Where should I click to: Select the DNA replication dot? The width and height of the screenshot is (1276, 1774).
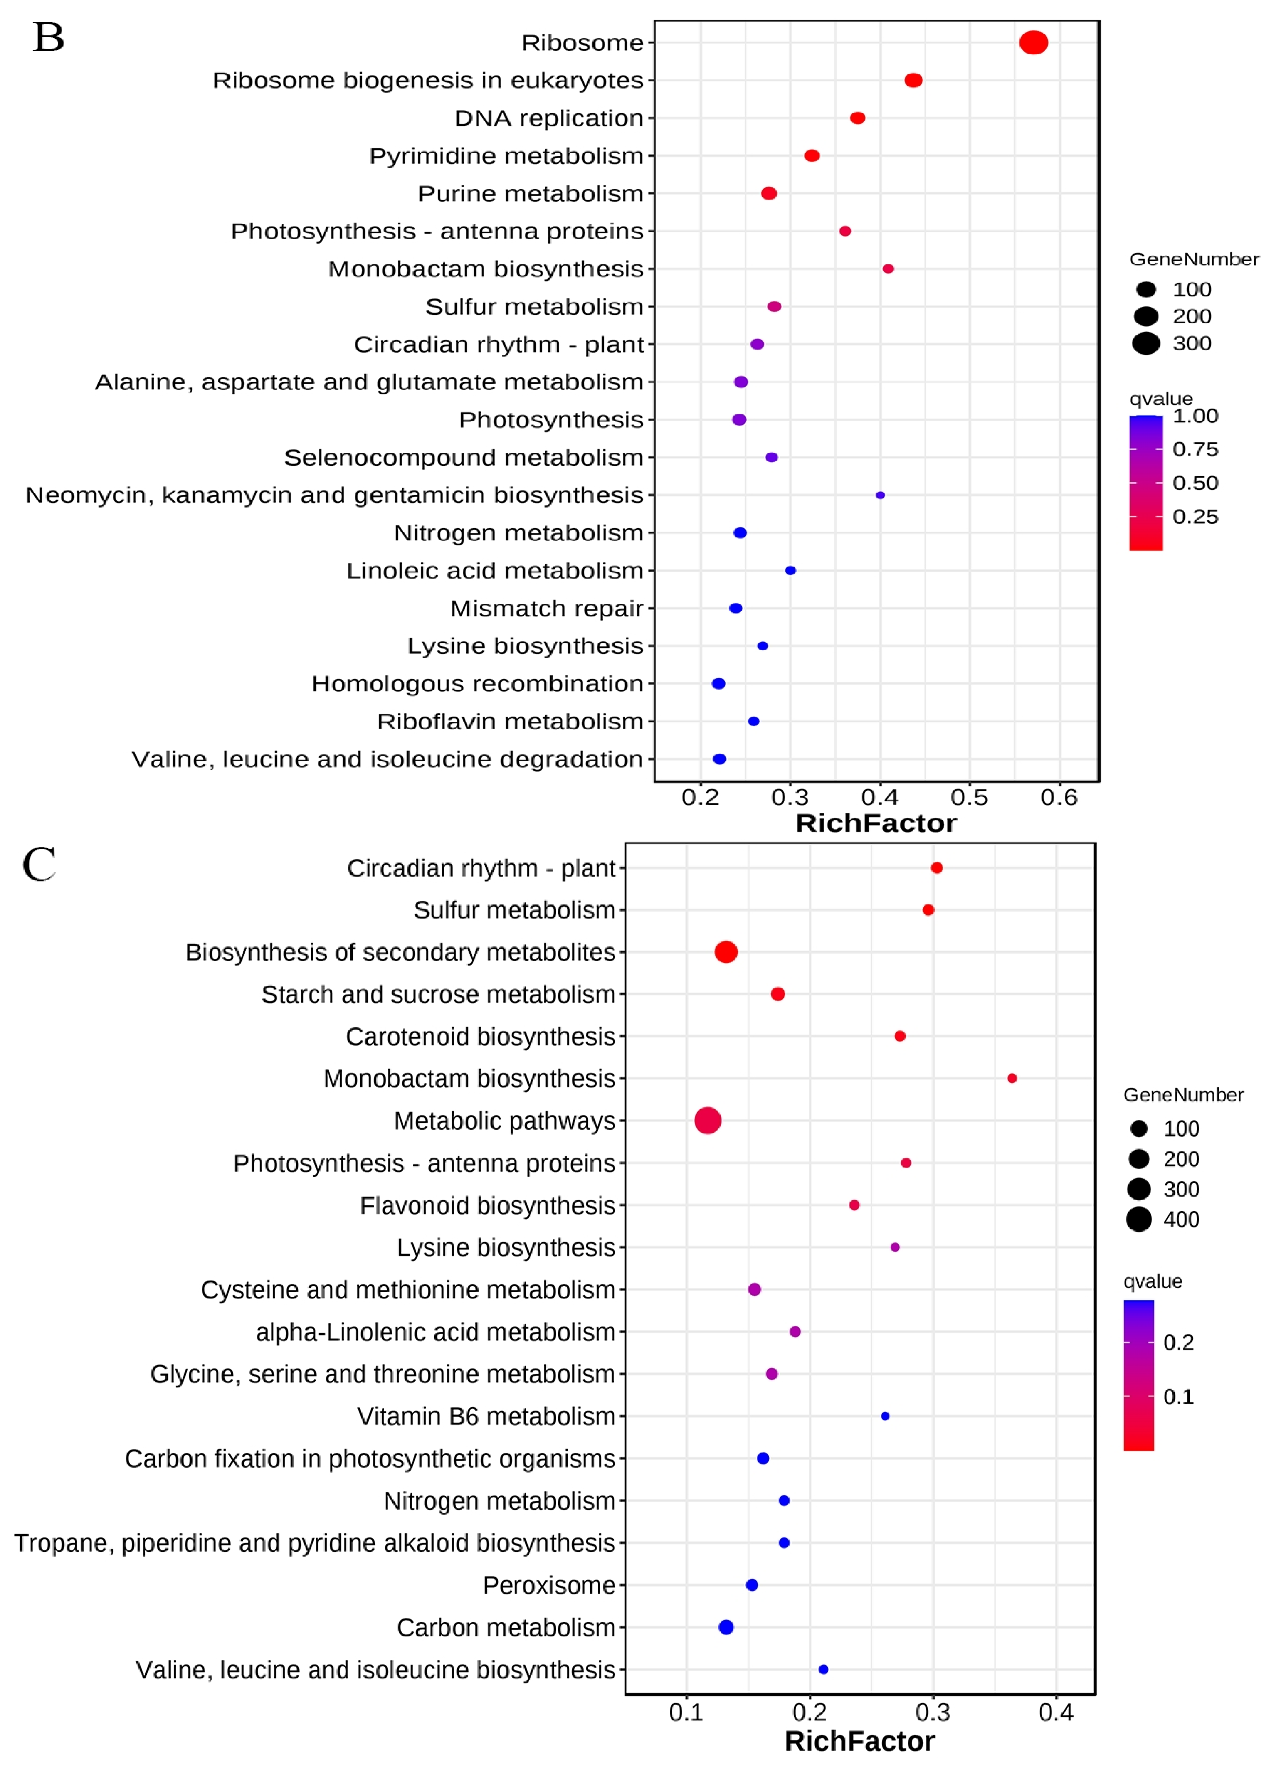pos(857,118)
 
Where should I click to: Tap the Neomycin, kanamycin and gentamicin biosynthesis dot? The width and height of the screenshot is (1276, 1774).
pos(880,495)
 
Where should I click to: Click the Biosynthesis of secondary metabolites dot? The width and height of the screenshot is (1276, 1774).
pos(726,952)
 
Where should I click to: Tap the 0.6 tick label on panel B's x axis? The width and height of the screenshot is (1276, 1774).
pos(1059,798)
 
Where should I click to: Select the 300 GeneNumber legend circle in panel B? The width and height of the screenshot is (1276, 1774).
pos(1146,343)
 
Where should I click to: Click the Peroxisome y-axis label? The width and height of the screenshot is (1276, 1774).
pos(549,1585)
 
